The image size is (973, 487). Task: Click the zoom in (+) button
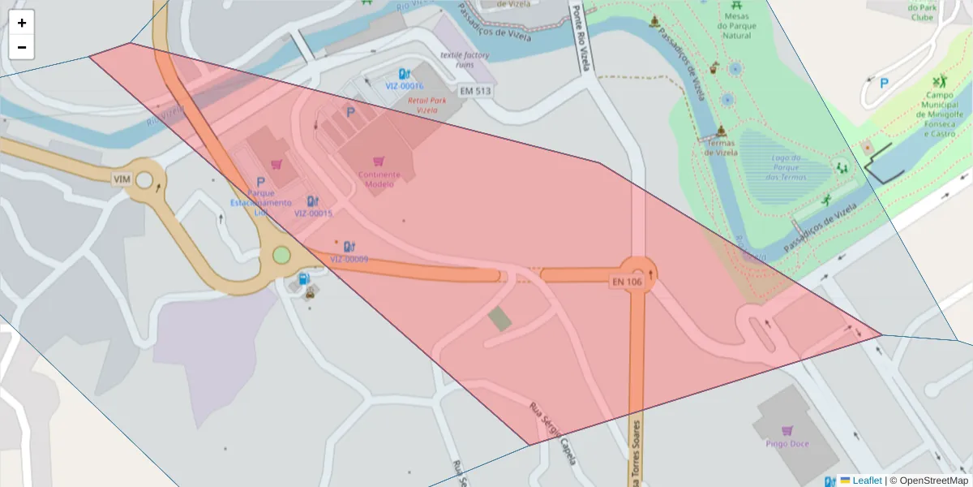click(22, 23)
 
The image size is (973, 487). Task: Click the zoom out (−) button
click(22, 47)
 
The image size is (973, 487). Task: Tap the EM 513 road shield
click(475, 91)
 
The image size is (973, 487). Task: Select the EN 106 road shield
click(627, 282)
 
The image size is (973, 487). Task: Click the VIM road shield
click(122, 179)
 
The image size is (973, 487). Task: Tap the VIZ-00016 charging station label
click(404, 85)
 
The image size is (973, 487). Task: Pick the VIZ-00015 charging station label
click(313, 213)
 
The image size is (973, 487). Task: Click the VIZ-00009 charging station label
click(349, 259)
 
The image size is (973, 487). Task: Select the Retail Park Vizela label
click(426, 105)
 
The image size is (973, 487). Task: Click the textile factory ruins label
click(465, 59)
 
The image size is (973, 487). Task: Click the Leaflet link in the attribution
click(867, 481)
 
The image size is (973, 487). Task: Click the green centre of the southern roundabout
click(281, 256)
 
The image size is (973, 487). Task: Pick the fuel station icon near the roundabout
click(304, 279)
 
